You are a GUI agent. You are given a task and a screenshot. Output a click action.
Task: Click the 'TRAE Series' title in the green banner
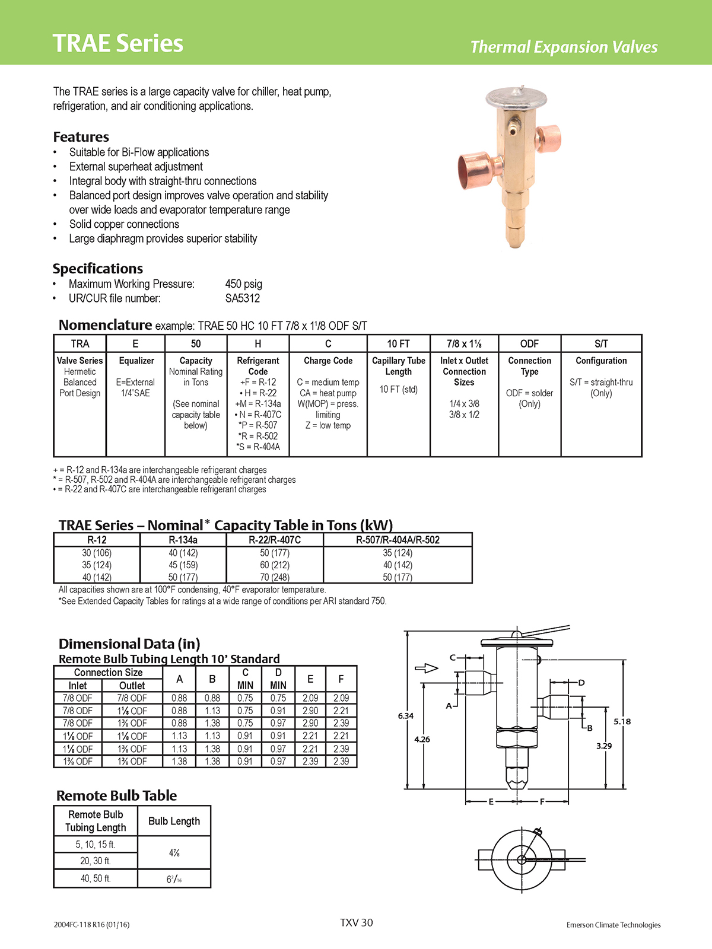(x=118, y=43)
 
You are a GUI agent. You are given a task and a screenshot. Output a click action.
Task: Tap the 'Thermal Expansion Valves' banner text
(x=564, y=47)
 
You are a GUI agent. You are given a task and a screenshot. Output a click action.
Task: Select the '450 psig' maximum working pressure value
(x=243, y=284)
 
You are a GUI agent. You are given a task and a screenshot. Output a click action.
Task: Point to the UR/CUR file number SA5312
(x=242, y=298)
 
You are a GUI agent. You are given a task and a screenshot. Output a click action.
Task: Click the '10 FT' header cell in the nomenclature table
(x=398, y=343)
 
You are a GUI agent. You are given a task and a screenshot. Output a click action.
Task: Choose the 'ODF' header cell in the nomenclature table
(x=529, y=343)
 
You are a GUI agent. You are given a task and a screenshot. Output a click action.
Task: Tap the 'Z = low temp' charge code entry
(x=328, y=425)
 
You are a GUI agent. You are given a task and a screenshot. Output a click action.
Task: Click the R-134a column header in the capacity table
(x=183, y=540)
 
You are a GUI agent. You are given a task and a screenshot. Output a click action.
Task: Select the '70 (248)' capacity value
(x=275, y=577)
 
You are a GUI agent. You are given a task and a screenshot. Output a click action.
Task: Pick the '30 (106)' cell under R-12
(x=97, y=553)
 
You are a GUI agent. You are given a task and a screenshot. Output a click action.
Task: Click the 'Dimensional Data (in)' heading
(x=129, y=644)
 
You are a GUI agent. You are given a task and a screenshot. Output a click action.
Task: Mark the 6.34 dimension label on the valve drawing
(x=406, y=716)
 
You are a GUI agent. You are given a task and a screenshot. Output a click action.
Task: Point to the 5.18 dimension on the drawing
(x=622, y=721)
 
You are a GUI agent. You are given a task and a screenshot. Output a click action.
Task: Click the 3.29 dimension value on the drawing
(x=604, y=746)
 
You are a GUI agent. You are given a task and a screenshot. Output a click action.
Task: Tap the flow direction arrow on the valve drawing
(x=426, y=668)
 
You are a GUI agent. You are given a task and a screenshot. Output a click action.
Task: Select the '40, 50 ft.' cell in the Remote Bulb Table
(x=96, y=878)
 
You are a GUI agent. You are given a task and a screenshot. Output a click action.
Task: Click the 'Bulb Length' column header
(x=174, y=821)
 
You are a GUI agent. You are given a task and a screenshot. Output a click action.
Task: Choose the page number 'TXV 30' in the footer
(x=357, y=922)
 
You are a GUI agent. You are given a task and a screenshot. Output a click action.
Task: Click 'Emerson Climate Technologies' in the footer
(x=613, y=925)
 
